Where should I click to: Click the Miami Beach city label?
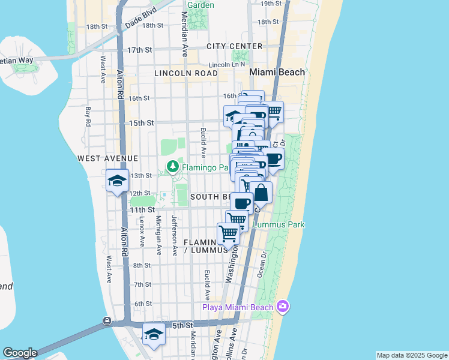[x=277, y=72]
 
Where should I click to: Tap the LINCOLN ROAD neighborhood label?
[x=185, y=73]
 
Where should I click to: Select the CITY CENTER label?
[x=234, y=46]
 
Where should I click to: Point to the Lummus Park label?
[x=279, y=225]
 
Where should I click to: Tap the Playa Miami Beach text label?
[x=238, y=308]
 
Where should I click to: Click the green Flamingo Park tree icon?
[x=173, y=166]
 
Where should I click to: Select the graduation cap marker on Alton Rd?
[x=117, y=180]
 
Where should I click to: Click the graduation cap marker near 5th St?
[x=154, y=334]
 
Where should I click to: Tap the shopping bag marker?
[x=261, y=193]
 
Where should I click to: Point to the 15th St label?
[x=142, y=123]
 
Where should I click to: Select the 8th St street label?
[x=142, y=265]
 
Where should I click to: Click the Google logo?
[x=20, y=353]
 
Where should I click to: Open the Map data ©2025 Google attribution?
[x=411, y=355]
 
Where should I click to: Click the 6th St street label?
[x=143, y=304]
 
